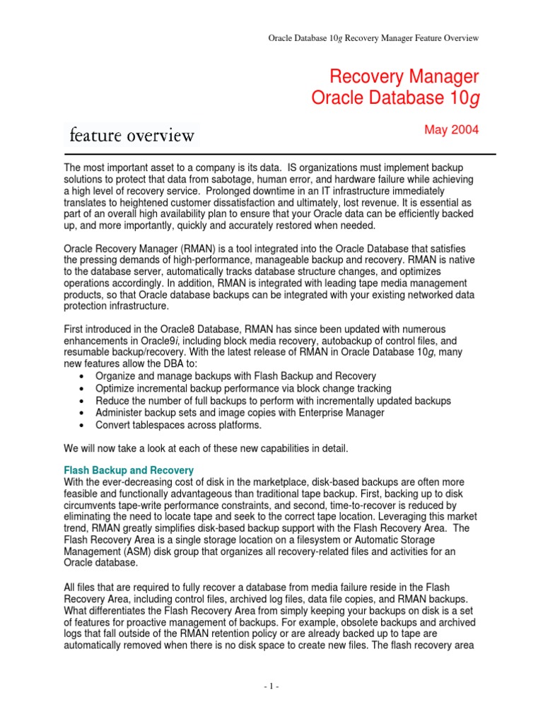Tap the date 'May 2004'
click(452, 130)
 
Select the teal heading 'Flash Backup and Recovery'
click(129, 470)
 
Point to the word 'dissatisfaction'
click(218, 202)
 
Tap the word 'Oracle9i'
click(156, 341)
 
